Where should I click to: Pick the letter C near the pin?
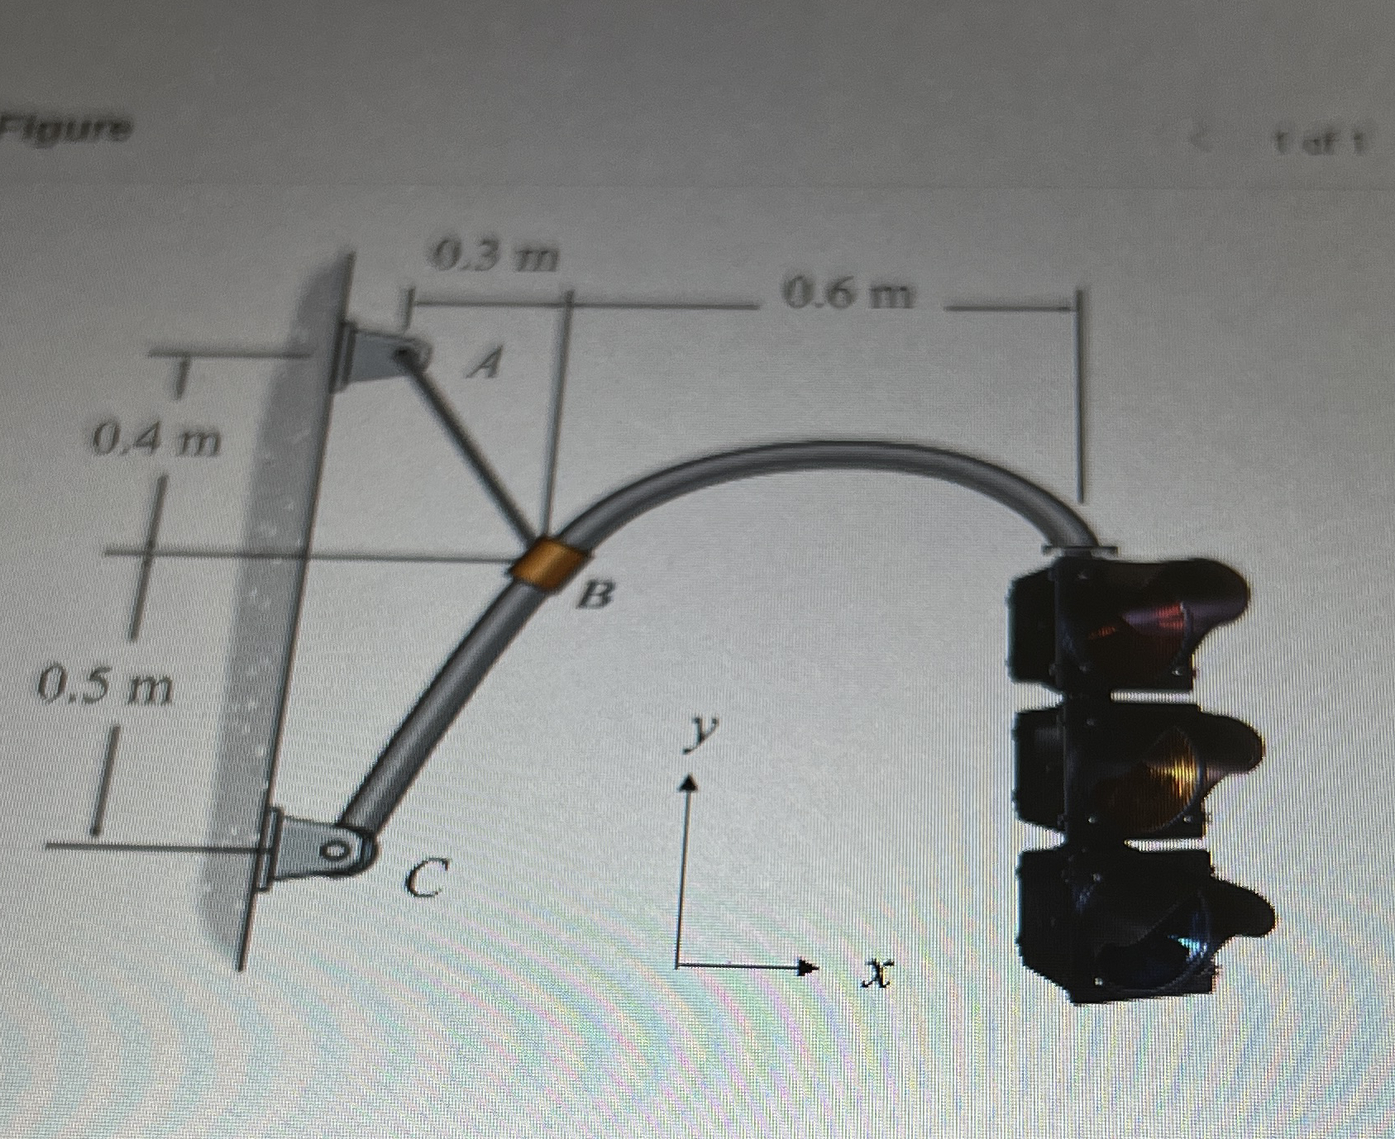(428, 877)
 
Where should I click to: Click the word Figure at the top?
(65, 129)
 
